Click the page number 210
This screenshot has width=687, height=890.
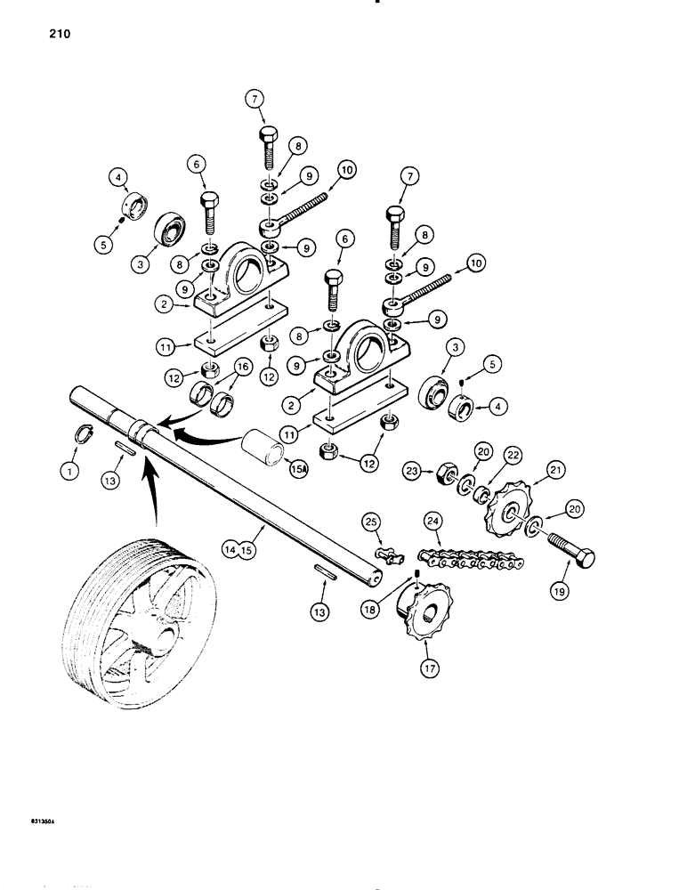(x=51, y=36)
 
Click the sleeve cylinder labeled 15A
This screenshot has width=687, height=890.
(x=263, y=444)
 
